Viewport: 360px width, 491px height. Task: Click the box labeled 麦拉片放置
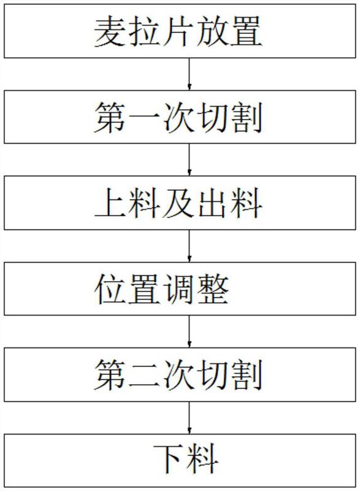180,31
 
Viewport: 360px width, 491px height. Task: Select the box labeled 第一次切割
180,117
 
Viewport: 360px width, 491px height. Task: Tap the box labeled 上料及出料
180,203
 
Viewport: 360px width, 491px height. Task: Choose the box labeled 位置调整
180,288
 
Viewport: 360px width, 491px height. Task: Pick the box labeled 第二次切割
180,374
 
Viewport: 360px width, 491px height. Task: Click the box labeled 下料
180,461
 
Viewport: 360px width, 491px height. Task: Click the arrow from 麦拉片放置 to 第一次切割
189,74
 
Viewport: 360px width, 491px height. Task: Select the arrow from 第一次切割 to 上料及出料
189,160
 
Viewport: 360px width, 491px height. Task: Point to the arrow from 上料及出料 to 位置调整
189,246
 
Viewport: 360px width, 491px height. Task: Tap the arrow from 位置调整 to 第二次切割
189,331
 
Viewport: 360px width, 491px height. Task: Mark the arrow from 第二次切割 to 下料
189,418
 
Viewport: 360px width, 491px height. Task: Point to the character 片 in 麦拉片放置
179,31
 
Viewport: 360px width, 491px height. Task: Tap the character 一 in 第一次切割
145,117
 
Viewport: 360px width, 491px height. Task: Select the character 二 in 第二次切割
145,375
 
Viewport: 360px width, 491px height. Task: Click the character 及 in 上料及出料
179,203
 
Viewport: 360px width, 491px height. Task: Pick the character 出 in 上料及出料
213,203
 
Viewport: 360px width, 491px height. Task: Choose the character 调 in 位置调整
179,288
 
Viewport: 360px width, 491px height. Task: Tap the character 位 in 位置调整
111,288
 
